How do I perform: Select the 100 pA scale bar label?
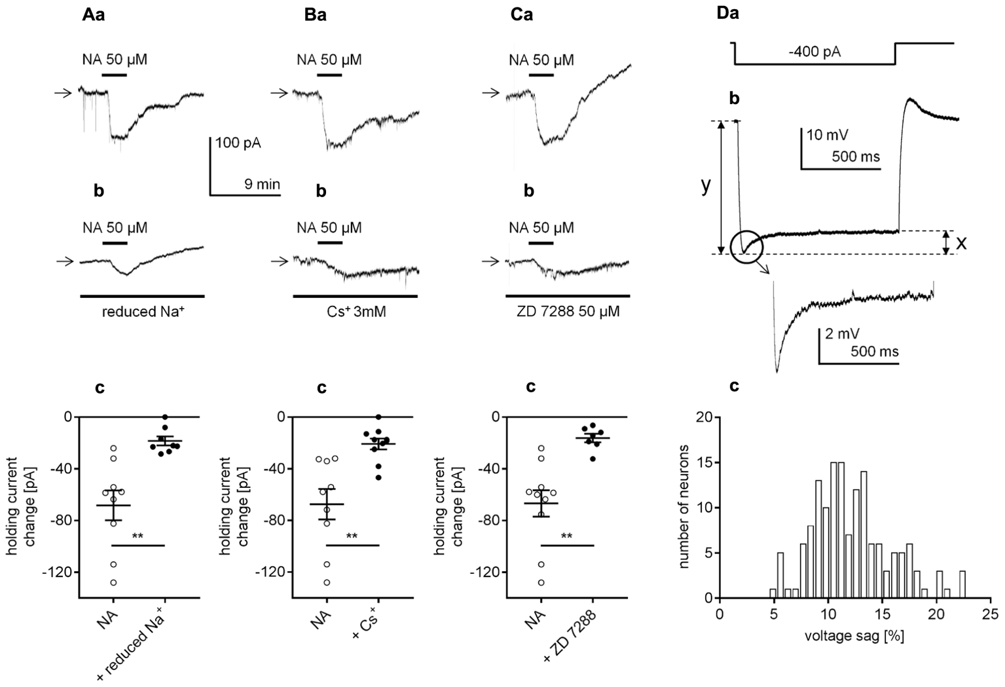tap(238, 143)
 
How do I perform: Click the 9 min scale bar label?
tap(262, 185)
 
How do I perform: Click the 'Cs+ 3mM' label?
tap(356, 312)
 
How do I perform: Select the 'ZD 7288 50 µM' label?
tap(568, 312)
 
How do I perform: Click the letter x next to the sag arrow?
tap(961, 242)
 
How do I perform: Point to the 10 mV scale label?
tap(827, 136)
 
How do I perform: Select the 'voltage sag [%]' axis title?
tap(854, 636)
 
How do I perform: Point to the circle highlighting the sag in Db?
tap(747, 247)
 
